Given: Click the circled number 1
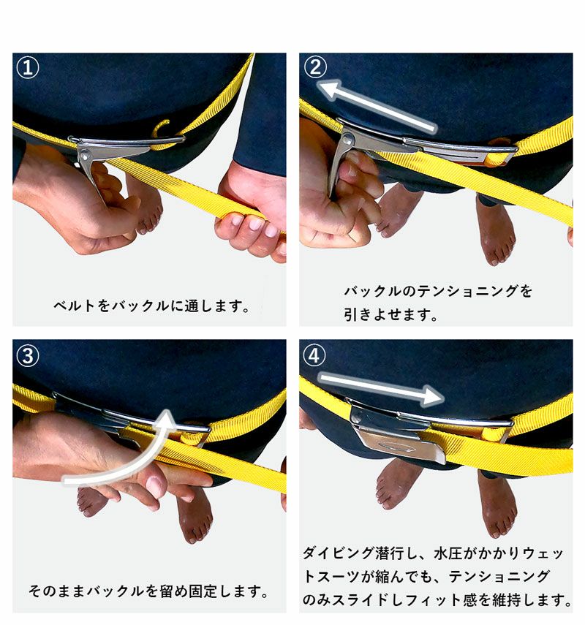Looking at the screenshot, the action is tap(28, 67).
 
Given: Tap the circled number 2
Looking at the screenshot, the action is tap(315, 67).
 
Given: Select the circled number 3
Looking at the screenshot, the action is tap(28, 355).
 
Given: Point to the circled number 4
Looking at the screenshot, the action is tap(314, 355).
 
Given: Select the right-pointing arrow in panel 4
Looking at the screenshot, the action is tap(381, 389).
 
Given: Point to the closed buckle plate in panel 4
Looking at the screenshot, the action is tap(399, 439).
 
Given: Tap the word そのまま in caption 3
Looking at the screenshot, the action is tap(57, 591).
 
